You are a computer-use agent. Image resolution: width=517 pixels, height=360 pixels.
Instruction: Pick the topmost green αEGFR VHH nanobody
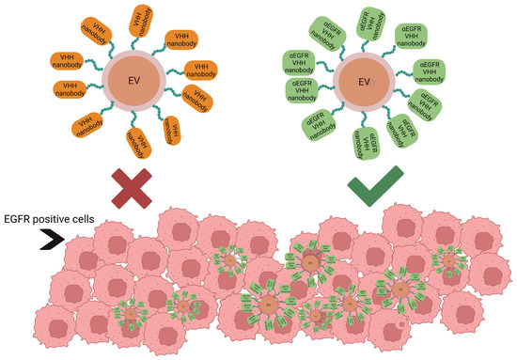point(369,18)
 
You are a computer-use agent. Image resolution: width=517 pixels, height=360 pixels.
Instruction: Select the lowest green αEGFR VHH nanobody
point(368,145)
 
